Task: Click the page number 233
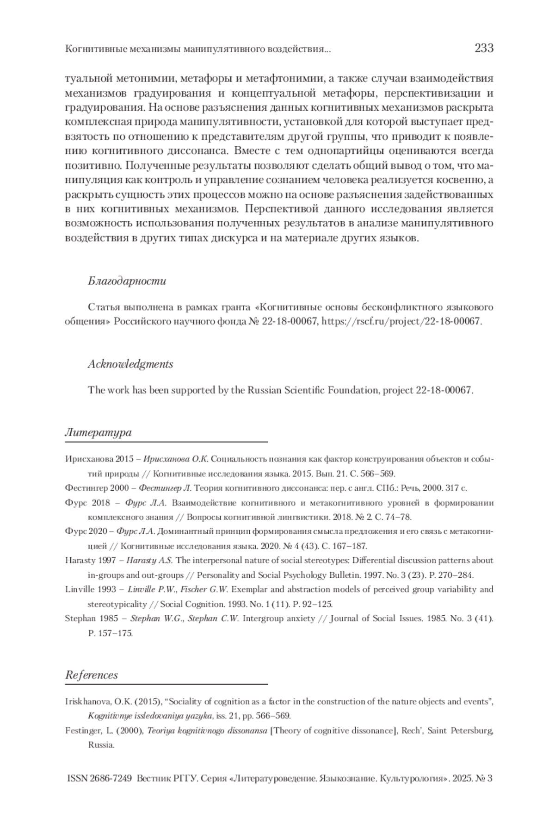click(x=484, y=48)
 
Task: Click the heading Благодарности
click(x=127, y=281)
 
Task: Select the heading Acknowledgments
click(x=130, y=364)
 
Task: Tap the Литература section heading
click(x=98, y=432)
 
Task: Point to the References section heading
click(x=92, y=674)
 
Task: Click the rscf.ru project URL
click(x=401, y=321)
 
